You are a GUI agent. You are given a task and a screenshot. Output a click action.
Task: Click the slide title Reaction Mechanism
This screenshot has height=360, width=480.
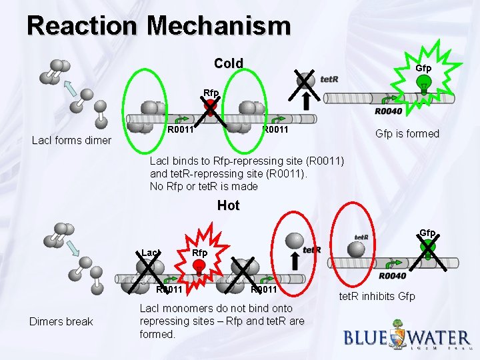tap(159, 26)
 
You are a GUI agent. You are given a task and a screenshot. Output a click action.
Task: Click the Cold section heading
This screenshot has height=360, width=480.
tap(229, 63)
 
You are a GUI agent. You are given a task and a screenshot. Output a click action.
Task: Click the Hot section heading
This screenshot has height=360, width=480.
tap(228, 205)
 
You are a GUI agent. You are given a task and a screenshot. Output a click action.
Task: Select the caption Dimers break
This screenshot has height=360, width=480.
tap(61, 321)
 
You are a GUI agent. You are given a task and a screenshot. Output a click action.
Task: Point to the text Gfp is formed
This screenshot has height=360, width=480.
tap(407, 133)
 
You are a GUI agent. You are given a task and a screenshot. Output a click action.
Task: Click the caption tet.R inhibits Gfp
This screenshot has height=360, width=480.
tap(377, 295)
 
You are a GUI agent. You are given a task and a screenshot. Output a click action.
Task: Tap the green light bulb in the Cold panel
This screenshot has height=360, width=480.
tap(422, 84)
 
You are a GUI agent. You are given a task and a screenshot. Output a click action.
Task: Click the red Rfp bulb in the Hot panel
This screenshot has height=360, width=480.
tap(199, 267)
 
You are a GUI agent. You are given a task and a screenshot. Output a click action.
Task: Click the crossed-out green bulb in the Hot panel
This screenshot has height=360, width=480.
tap(427, 247)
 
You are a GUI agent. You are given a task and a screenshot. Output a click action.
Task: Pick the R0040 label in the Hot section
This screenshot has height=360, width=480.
tap(393, 275)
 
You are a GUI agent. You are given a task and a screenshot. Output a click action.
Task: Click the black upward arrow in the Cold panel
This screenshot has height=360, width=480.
tap(307, 100)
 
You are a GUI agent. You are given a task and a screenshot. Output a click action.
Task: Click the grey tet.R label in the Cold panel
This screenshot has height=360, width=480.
tap(329, 79)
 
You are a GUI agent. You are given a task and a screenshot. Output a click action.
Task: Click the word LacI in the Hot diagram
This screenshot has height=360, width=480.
tap(151, 253)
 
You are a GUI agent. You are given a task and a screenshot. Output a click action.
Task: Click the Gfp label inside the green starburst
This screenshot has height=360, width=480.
tap(423, 68)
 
